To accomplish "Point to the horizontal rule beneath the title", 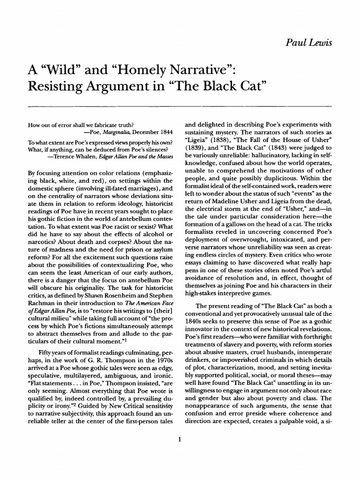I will [x=180, y=106].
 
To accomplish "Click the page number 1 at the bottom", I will [x=180, y=439].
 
